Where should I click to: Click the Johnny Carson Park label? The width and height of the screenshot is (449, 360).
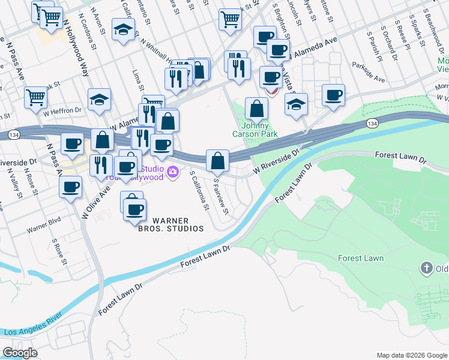coord(259,130)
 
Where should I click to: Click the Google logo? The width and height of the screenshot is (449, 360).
coord(20,353)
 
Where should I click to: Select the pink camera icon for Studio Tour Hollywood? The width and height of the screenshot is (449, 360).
coord(173,173)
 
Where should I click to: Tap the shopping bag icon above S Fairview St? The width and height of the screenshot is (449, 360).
coord(217,161)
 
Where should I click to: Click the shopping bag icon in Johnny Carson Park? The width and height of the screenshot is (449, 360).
coord(256,109)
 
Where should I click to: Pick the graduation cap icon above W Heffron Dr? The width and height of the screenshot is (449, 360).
coord(100,100)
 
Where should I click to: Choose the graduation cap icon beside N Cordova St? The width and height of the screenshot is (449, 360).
coord(124,32)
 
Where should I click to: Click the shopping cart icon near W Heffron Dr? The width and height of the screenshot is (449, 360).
coord(36,97)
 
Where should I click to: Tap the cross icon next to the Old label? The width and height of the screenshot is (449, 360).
coord(427,268)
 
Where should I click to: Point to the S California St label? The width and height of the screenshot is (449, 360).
coord(199,191)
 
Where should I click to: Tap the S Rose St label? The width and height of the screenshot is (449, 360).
coord(59,252)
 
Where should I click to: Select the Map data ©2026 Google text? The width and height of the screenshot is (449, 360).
coord(411,355)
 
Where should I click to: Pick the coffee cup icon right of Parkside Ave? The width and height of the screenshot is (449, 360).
coord(333,95)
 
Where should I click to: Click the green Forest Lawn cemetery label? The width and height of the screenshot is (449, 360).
coord(361,258)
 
